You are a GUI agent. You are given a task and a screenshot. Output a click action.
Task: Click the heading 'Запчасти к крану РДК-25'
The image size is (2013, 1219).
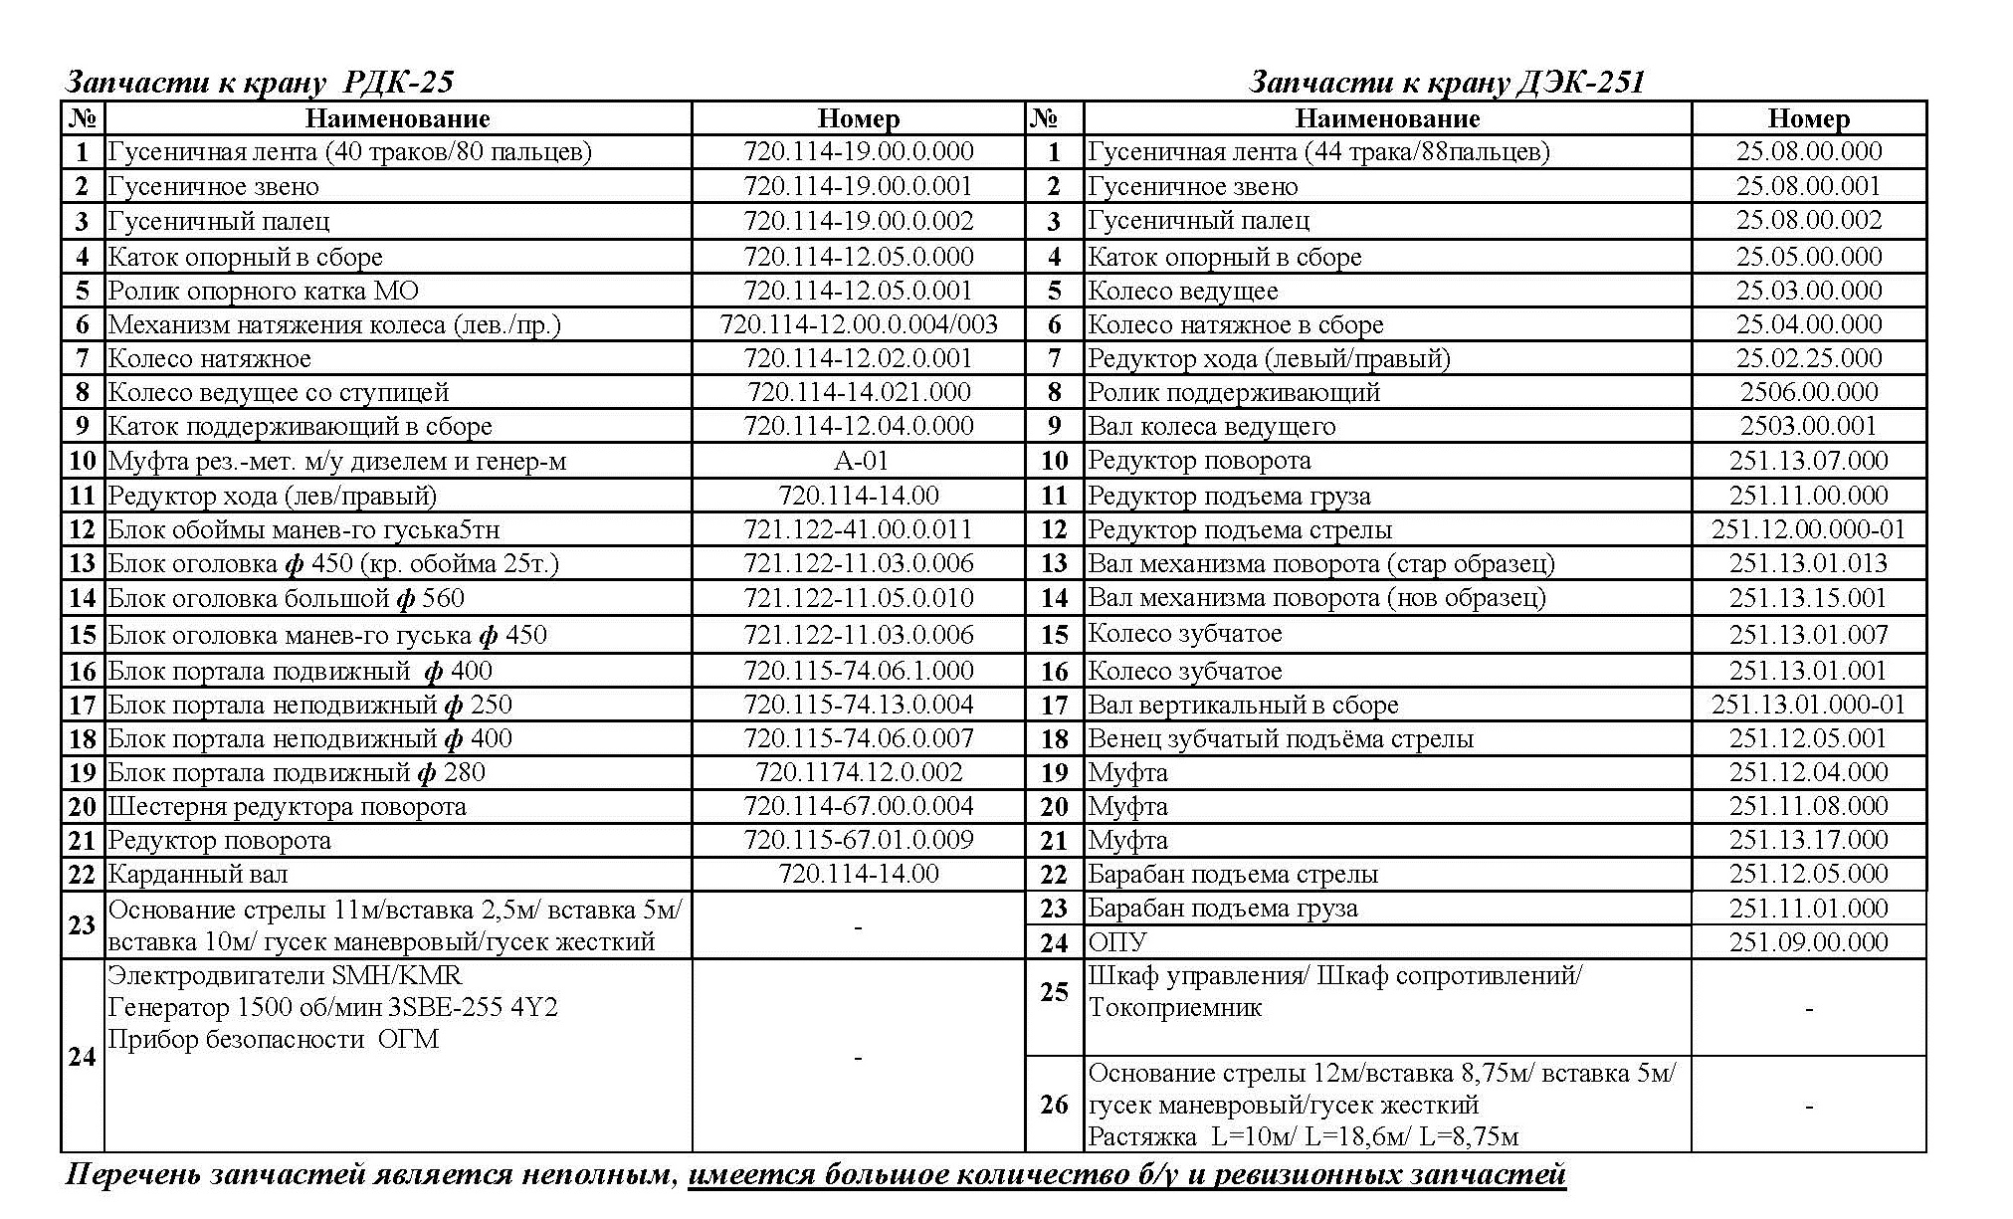click(259, 82)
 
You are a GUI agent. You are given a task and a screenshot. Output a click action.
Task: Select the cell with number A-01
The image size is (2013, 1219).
click(859, 461)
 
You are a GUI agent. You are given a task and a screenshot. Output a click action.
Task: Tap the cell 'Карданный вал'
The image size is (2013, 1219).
click(198, 875)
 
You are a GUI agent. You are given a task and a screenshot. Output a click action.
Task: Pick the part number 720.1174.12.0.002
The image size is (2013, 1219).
click(859, 772)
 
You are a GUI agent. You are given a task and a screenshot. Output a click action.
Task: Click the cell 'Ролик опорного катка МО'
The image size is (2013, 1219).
click(263, 291)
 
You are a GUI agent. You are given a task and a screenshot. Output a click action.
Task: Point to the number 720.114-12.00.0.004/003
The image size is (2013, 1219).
click(859, 324)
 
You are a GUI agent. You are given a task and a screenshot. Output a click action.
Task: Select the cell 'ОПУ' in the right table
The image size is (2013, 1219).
click(1117, 941)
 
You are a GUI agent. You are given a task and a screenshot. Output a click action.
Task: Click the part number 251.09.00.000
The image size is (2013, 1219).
click(1808, 941)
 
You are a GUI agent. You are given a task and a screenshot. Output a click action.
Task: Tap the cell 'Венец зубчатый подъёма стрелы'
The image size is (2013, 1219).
click(1281, 738)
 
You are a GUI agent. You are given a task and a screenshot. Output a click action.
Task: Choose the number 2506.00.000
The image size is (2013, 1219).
click(1808, 392)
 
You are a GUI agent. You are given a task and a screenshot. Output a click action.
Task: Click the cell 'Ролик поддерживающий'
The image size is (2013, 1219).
click(1234, 392)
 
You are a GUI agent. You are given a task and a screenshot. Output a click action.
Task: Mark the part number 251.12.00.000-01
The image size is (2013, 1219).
click(1808, 529)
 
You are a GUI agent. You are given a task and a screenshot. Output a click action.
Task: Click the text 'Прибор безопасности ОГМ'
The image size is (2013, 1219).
click(273, 1040)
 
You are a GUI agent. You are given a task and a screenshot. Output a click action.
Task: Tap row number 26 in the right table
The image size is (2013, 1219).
click(1054, 1105)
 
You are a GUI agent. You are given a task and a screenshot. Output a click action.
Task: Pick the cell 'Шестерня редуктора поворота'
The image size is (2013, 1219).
click(287, 806)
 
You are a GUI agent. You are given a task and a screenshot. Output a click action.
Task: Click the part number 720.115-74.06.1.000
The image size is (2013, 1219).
click(859, 671)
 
